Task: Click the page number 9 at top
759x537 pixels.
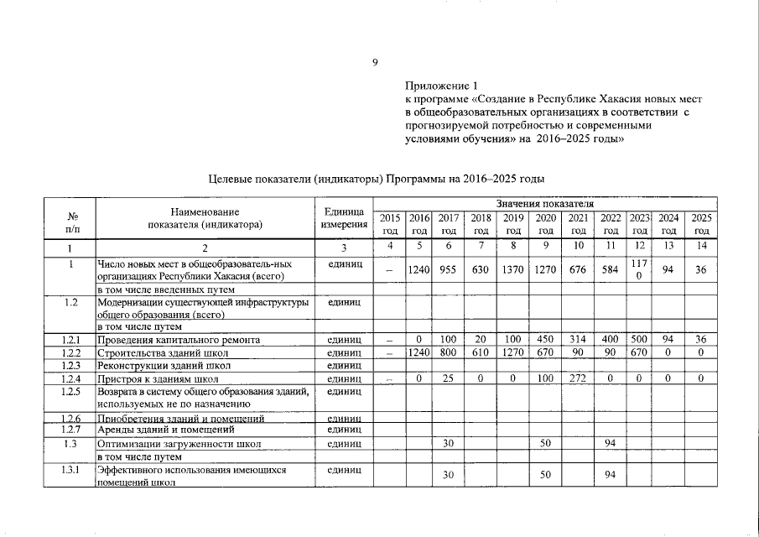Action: [x=376, y=60]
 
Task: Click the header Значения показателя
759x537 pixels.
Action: [x=544, y=205]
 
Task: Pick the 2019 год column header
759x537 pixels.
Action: [x=513, y=223]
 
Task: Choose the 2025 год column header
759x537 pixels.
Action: [x=701, y=223]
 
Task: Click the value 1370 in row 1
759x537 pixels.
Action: [x=513, y=270]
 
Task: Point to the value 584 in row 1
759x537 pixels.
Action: [x=611, y=270]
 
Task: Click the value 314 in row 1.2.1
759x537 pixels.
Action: [x=578, y=340]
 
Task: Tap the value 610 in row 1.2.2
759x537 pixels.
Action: [x=481, y=353]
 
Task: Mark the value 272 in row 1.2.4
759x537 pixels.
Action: [x=578, y=379]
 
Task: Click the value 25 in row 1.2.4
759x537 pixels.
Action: [x=449, y=379]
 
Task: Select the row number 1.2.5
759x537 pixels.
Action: [x=71, y=392]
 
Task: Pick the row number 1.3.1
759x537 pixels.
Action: [x=71, y=471]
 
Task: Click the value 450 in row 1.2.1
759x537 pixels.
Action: [x=546, y=340]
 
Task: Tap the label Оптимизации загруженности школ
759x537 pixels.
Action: [x=179, y=443]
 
